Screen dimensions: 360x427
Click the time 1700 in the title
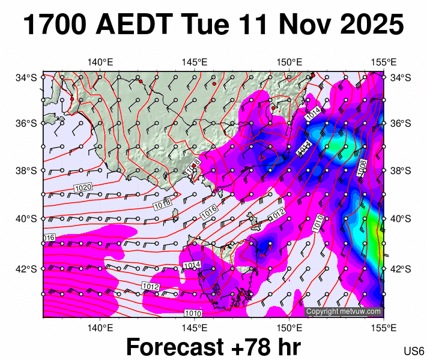pos(53,26)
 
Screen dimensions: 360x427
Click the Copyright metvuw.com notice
pos(344,311)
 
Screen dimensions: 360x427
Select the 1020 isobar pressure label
pos(83,188)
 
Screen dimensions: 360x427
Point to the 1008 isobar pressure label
pos(362,168)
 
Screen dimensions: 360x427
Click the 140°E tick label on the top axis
pos(100,62)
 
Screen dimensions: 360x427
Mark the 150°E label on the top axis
pos(289,62)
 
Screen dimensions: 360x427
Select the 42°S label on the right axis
pos(401,268)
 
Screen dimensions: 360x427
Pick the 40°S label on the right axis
pos(401,218)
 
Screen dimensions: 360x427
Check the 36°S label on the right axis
pos(401,124)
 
